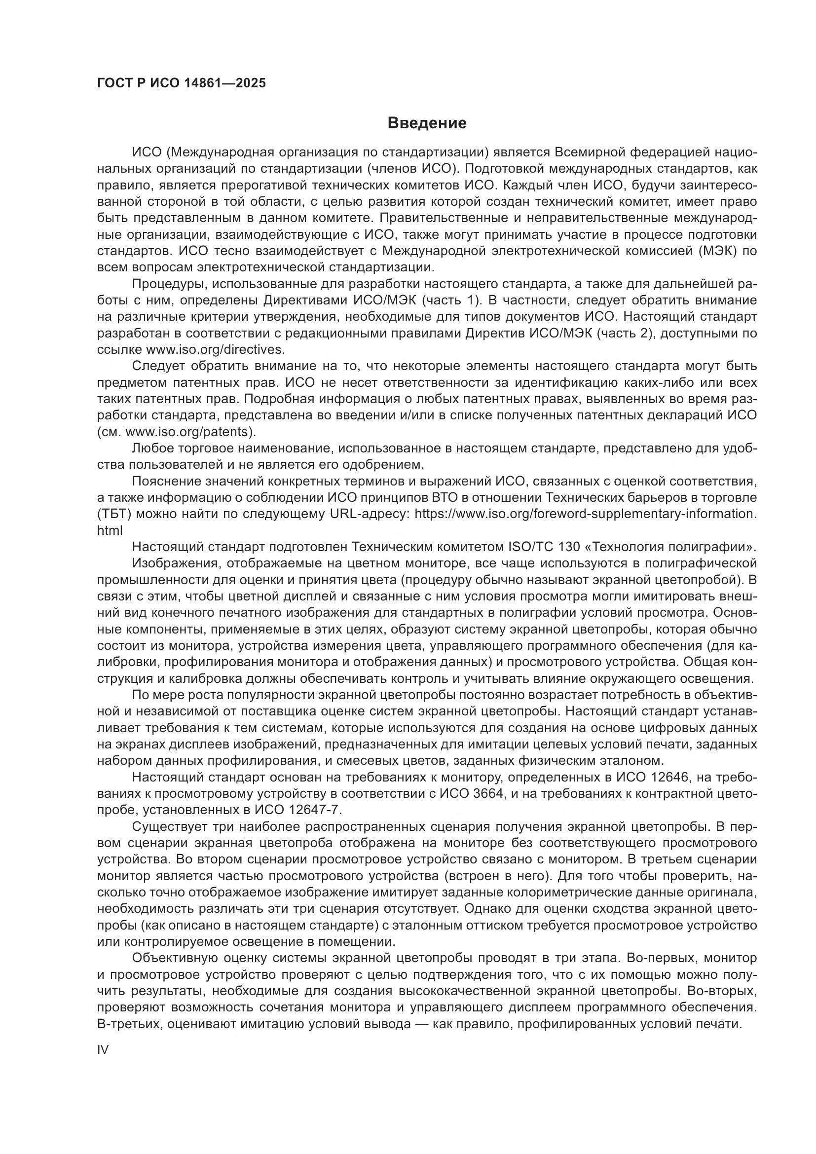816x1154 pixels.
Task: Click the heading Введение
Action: [427, 123]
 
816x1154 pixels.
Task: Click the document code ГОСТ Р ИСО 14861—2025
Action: [182, 83]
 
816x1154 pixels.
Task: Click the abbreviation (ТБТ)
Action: [114, 514]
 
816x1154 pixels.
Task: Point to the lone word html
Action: [110, 531]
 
